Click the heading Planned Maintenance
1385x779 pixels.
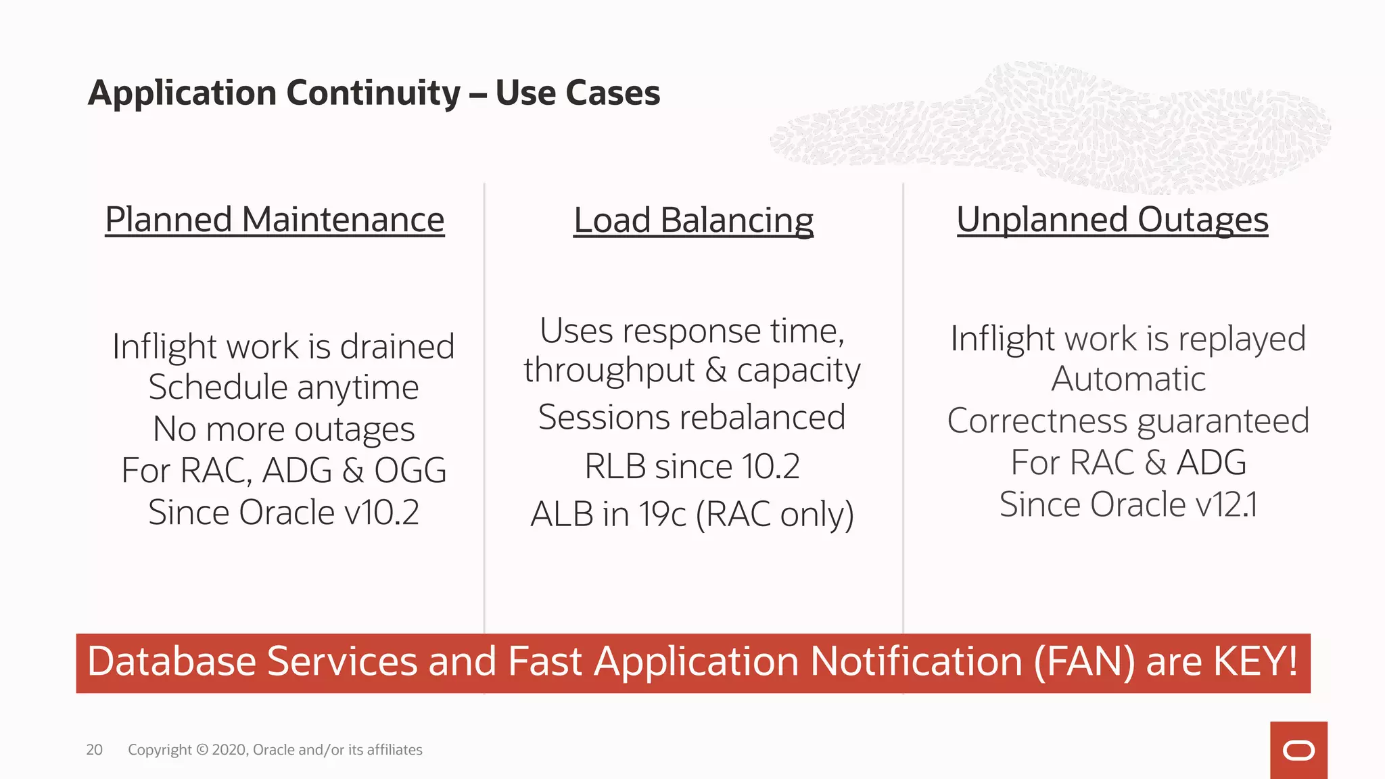[x=275, y=220]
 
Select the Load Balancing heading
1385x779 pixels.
[x=693, y=221]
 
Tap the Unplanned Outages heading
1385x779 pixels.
[x=1112, y=220]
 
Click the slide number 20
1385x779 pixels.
[x=94, y=749]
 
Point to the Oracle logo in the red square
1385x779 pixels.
[x=1298, y=751]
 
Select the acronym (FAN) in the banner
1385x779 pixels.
[x=1084, y=661]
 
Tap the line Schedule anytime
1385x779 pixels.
[x=283, y=388]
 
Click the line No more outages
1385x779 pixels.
[x=283, y=430]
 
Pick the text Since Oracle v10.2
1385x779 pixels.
[x=283, y=513]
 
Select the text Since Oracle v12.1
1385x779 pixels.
[x=1128, y=504]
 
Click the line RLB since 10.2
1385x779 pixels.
[x=692, y=467]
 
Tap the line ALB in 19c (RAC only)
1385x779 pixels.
[x=692, y=515]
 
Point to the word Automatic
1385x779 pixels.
[x=1128, y=379]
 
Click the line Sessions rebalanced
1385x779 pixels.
[x=692, y=417]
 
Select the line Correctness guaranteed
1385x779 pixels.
[x=1128, y=421]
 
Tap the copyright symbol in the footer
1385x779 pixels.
[x=202, y=750]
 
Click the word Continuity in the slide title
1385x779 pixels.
[x=373, y=93]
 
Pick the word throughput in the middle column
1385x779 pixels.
[x=609, y=371]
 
